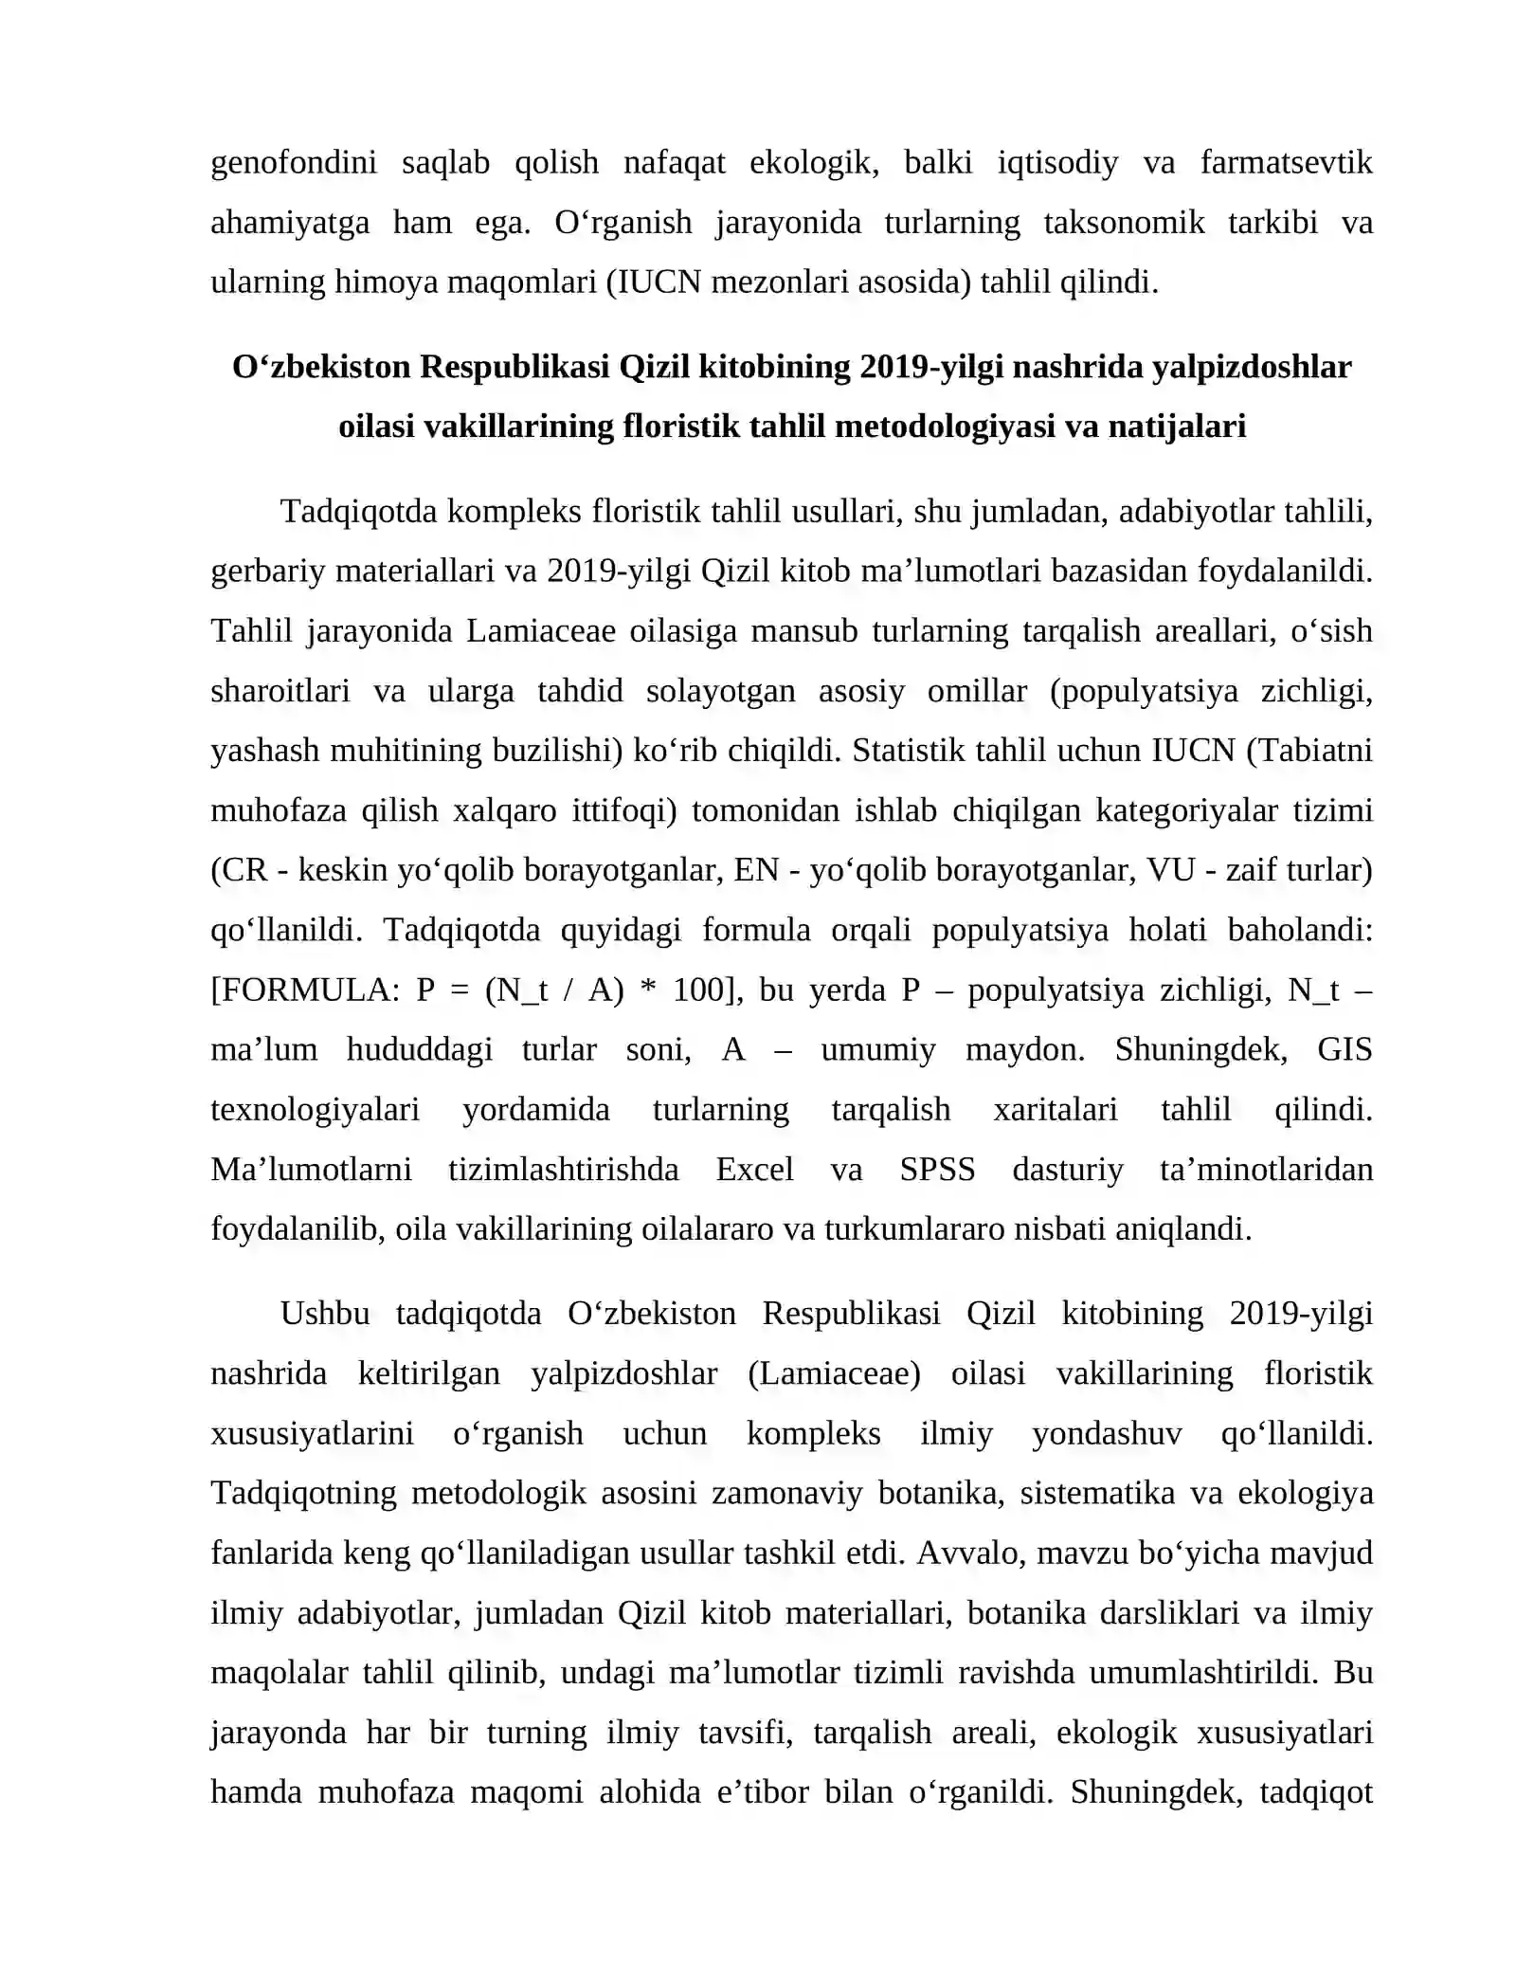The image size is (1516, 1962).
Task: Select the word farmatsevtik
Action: click(x=1286, y=163)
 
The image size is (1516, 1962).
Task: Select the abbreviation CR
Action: click(x=244, y=870)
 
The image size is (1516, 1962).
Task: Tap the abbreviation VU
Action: click(x=1170, y=870)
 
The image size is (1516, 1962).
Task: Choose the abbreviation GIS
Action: click(x=1345, y=1049)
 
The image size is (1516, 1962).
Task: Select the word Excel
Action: click(x=754, y=1169)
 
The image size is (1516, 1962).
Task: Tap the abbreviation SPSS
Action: click(x=937, y=1169)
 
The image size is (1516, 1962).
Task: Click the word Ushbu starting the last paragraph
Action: click(x=325, y=1314)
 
